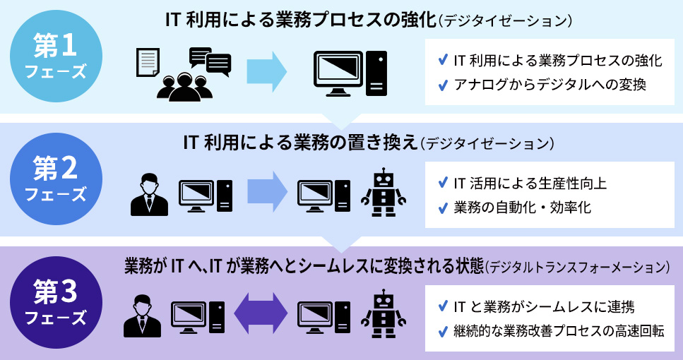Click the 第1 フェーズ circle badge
pyautogui.click(x=55, y=56)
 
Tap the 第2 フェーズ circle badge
pyautogui.click(x=55, y=179)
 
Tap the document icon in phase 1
pyautogui.click(x=147, y=63)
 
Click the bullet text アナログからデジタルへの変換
pyautogui.click(x=550, y=85)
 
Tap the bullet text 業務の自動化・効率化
pyautogui.click(x=523, y=208)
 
